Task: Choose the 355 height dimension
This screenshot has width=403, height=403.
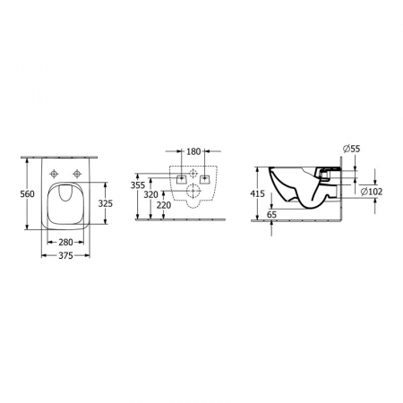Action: tap(137, 184)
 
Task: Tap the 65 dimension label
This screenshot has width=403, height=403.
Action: tap(272, 215)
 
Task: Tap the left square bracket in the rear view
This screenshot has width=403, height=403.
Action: tap(182, 178)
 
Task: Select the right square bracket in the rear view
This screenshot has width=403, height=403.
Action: tap(205, 178)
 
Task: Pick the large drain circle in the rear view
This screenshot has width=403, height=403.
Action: tap(193, 192)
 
